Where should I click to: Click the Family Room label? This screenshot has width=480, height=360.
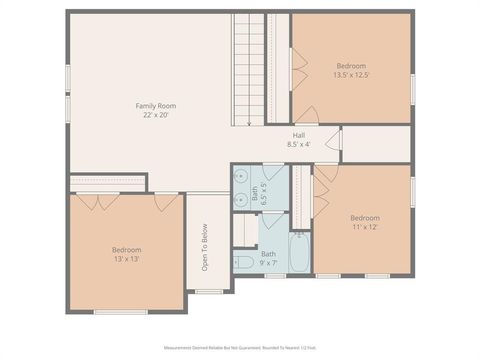(156, 105)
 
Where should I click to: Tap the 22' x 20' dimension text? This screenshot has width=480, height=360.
(156, 115)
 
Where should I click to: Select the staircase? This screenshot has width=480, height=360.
(251, 70)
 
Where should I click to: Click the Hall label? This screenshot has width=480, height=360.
(298, 135)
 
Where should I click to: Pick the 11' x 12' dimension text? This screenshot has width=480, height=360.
(364, 227)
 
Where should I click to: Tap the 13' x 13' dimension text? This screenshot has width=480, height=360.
(126, 259)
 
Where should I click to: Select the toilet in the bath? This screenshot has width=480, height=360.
(244, 263)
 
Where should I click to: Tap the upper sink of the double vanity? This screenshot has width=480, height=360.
(241, 177)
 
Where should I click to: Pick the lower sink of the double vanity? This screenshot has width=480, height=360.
(241, 199)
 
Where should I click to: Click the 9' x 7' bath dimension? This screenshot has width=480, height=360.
(269, 263)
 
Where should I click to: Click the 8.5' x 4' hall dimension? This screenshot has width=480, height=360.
(298, 145)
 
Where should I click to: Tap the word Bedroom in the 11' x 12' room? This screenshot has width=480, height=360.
(364, 217)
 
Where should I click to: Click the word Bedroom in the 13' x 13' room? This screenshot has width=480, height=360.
(126, 249)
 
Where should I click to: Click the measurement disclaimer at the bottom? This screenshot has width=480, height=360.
(240, 349)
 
